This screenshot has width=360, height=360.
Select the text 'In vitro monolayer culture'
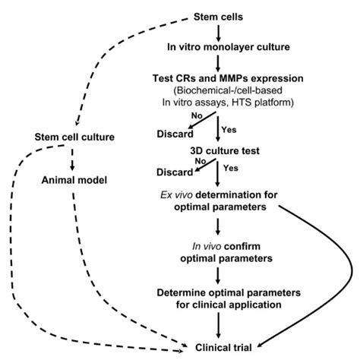218,47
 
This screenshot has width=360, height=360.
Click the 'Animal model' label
74,182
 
